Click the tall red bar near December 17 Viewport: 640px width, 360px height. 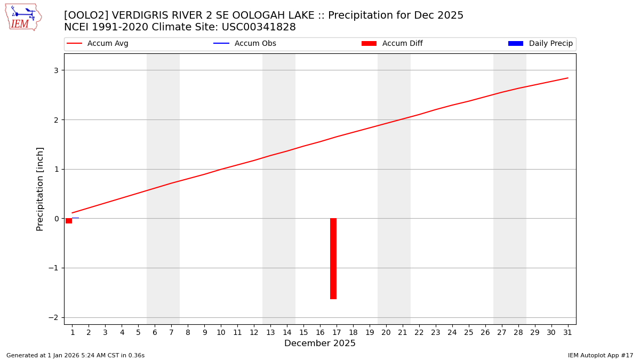coord(333,259)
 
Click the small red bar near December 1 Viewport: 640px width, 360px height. coord(69,221)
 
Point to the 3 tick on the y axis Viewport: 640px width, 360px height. coord(55,70)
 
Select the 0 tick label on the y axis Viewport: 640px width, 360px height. coord(55,219)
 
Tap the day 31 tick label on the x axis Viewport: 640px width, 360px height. coord(568,333)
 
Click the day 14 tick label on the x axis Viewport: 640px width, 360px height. coord(287,333)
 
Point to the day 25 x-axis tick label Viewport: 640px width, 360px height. coord(469,333)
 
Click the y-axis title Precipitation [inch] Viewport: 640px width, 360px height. coord(41,189)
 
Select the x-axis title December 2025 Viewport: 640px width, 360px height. coord(320,344)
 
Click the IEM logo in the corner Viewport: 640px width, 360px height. coord(23,17)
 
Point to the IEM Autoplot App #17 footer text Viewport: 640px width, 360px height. coord(601,356)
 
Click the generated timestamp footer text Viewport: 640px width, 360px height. coord(75,356)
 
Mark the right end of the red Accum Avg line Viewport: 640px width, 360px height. coord(568,78)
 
